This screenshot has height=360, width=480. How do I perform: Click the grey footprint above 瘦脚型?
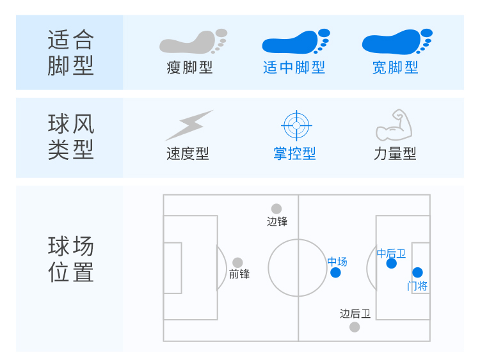click(192, 42)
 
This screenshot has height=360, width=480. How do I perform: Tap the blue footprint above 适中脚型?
click(295, 42)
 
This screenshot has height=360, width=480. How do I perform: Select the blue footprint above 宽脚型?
click(396, 42)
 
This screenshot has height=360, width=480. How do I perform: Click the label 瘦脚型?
click(189, 68)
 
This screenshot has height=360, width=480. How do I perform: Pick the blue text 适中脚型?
click(294, 68)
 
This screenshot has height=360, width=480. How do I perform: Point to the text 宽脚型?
click(396, 68)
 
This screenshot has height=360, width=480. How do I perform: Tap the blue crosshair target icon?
click(295, 125)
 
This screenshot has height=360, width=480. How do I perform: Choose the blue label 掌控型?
click(294, 154)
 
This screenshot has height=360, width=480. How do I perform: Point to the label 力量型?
click(395, 154)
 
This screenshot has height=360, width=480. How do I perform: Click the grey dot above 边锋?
click(276, 208)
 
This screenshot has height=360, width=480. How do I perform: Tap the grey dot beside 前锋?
click(237, 263)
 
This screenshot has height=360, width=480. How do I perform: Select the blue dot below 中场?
click(335, 272)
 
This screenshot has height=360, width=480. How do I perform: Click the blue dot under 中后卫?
click(392, 263)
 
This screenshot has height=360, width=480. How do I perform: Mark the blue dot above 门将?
click(417, 272)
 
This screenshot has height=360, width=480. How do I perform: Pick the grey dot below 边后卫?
click(355, 327)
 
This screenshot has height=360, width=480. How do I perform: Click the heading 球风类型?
click(70, 137)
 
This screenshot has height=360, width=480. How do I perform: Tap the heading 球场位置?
click(70, 260)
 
